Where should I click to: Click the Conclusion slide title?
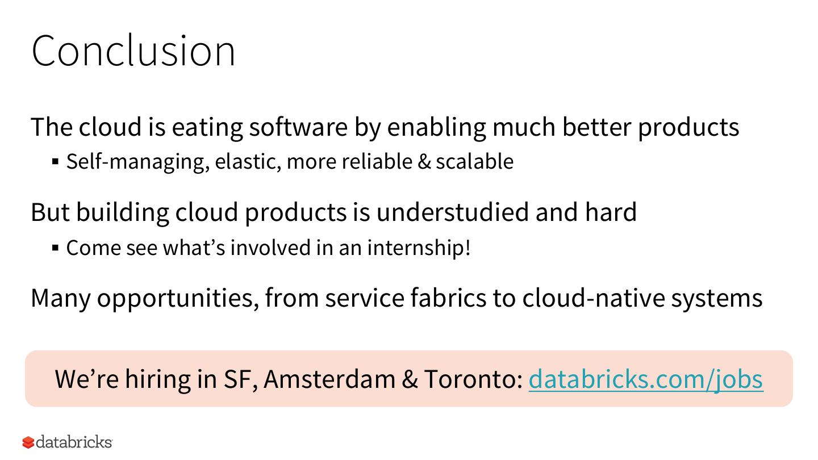coord(133,51)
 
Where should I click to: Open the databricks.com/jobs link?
coord(646,380)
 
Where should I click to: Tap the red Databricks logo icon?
coord(28,442)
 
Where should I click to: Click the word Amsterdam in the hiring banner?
coord(329,379)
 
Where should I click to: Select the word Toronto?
coord(474,379)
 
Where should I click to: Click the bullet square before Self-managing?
coord(56,162)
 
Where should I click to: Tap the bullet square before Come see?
coord(56,248)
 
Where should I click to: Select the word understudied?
coord(452,212)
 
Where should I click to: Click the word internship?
coord(419,248)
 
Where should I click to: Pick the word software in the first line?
coord(298,127)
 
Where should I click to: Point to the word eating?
coord(207,128)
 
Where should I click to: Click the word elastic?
coord(248,162)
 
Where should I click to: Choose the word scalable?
coord(475,161)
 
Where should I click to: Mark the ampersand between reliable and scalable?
coord(424,161)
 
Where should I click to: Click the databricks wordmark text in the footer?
coord(74,442)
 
